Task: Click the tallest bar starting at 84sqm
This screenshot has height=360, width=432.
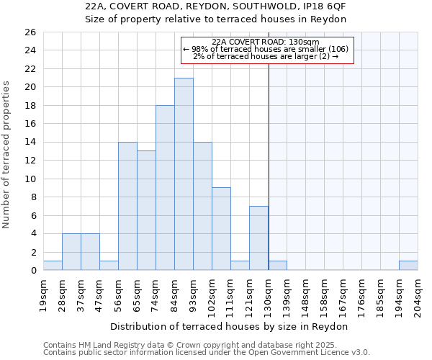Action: (184, 174)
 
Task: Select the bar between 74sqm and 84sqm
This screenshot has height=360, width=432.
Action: (165, 188)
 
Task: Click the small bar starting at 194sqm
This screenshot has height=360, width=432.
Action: (408, 266)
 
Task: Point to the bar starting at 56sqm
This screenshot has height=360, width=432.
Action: (127, 206)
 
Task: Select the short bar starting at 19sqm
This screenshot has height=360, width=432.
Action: (53, 266)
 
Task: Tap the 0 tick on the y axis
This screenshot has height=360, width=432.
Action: (32, 271)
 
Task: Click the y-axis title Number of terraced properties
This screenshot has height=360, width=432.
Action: (7, 155)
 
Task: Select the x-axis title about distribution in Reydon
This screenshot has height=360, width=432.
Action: (230, 326)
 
